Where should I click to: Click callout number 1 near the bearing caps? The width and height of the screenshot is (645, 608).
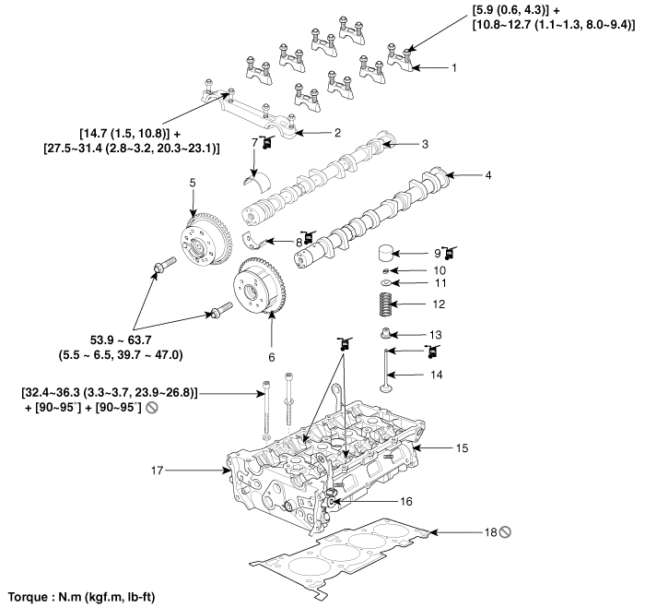click(452, 67)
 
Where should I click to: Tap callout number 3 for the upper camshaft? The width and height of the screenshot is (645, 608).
click(425, 144)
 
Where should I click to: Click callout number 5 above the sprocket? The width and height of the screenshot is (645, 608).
click(193, 183)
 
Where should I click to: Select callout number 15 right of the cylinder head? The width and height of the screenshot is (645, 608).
click(463, 447)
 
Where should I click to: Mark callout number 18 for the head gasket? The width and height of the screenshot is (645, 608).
click(492, 532)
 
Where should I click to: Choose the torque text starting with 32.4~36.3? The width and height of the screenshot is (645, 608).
click(111, 393)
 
